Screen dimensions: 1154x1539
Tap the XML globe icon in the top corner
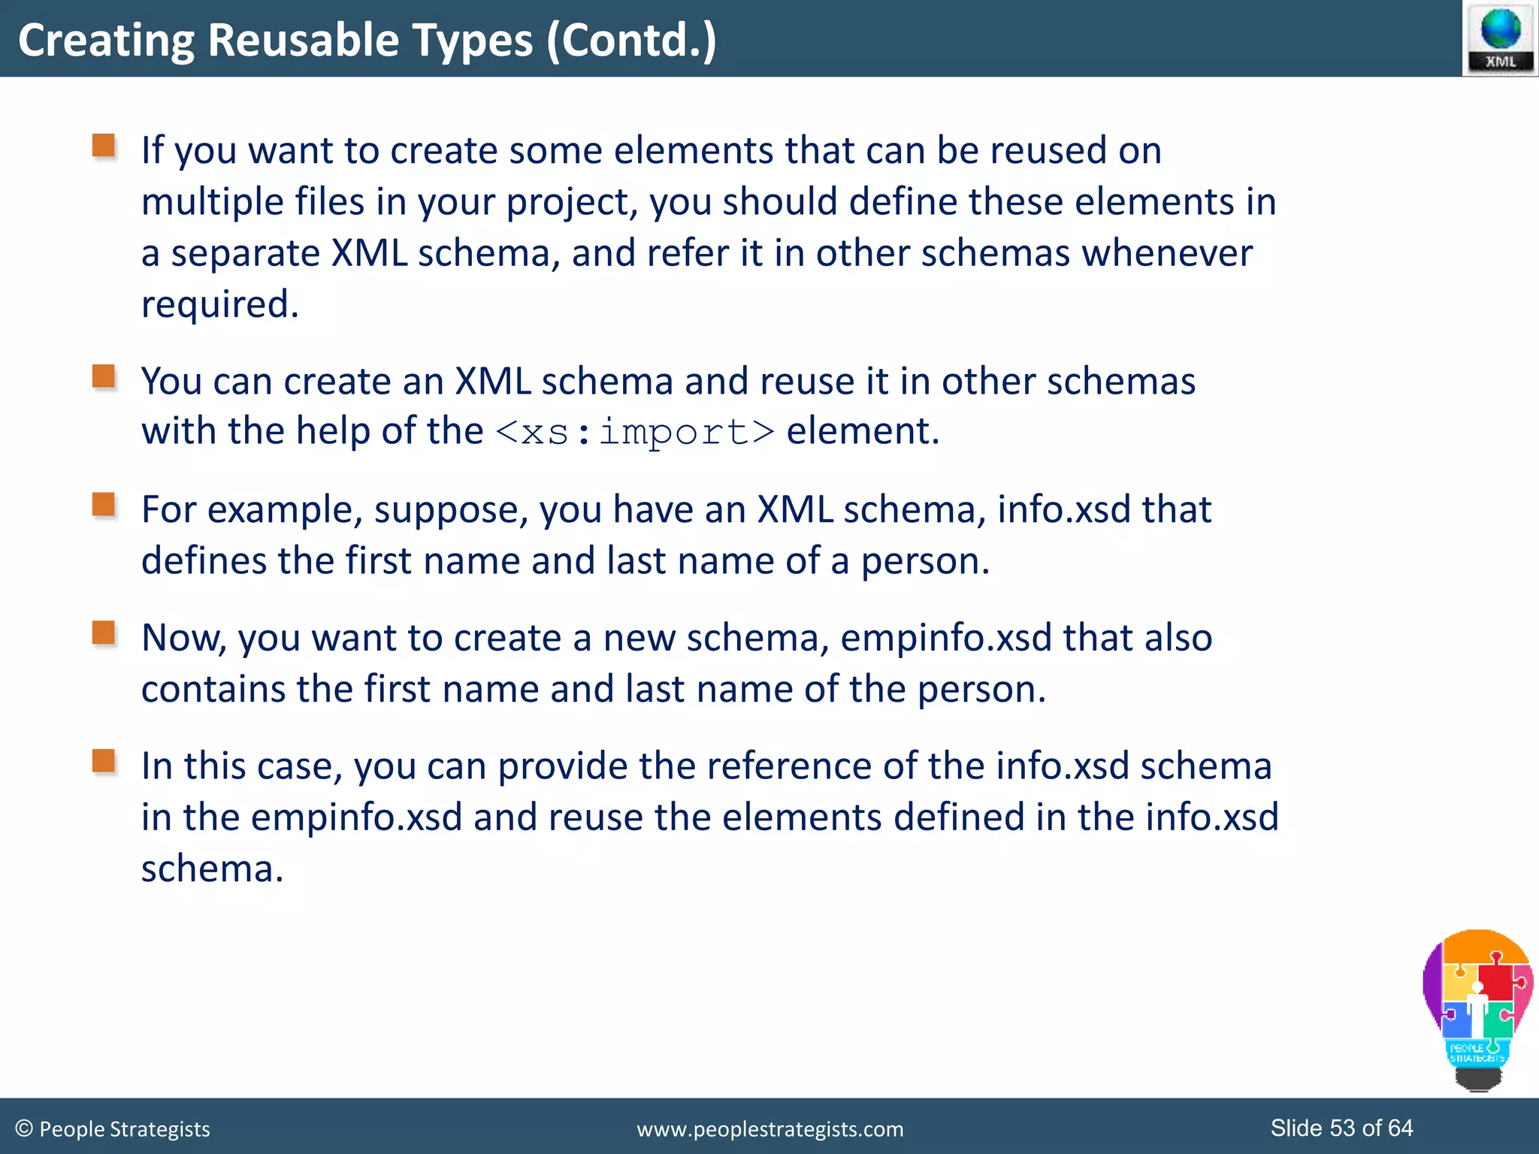(x=1500, y=38)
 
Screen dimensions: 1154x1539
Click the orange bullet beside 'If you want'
(x=104, y=145)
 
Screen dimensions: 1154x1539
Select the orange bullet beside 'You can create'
(x=104, y=376)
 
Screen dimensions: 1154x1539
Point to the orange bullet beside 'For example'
(x=104, y=504)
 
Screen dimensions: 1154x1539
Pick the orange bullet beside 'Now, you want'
(x=104, y=633)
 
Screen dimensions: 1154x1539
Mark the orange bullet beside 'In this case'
(x=104, y=760)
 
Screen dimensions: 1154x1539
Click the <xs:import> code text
(x=635, y=432)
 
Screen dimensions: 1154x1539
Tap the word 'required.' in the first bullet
(x=220, y=304)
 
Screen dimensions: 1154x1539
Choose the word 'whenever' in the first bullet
(x=1167, y=253)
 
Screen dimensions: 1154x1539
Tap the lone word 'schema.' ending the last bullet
(x=213, y=869)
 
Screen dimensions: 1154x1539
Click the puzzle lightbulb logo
(x=1477, y=1007)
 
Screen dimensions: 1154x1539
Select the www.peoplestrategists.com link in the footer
(x=769, y=1129)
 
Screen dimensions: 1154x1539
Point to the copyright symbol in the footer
(x=24, y=1128)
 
